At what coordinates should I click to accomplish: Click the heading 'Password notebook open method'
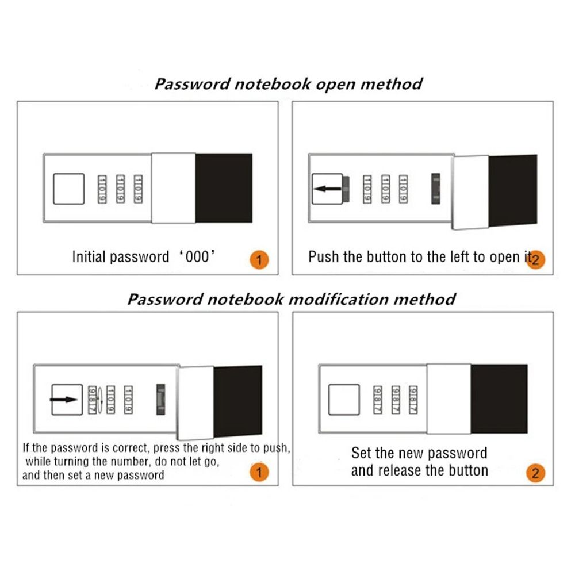288,84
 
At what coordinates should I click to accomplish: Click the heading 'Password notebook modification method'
291,299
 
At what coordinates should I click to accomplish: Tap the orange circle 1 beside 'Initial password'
259,260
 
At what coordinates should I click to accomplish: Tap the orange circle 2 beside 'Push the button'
535,259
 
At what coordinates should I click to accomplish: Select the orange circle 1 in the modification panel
259,473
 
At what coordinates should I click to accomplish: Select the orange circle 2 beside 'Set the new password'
535,474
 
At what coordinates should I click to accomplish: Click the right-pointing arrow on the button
63,399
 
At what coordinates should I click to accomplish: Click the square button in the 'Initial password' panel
69,189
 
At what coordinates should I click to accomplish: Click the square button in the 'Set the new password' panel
344,400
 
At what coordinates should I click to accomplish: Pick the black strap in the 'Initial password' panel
224,188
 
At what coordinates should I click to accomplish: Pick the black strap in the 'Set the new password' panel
499,398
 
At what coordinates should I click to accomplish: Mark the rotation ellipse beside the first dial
101,398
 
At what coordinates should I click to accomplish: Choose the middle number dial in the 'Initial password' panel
121,189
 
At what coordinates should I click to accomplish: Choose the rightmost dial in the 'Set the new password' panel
413,399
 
